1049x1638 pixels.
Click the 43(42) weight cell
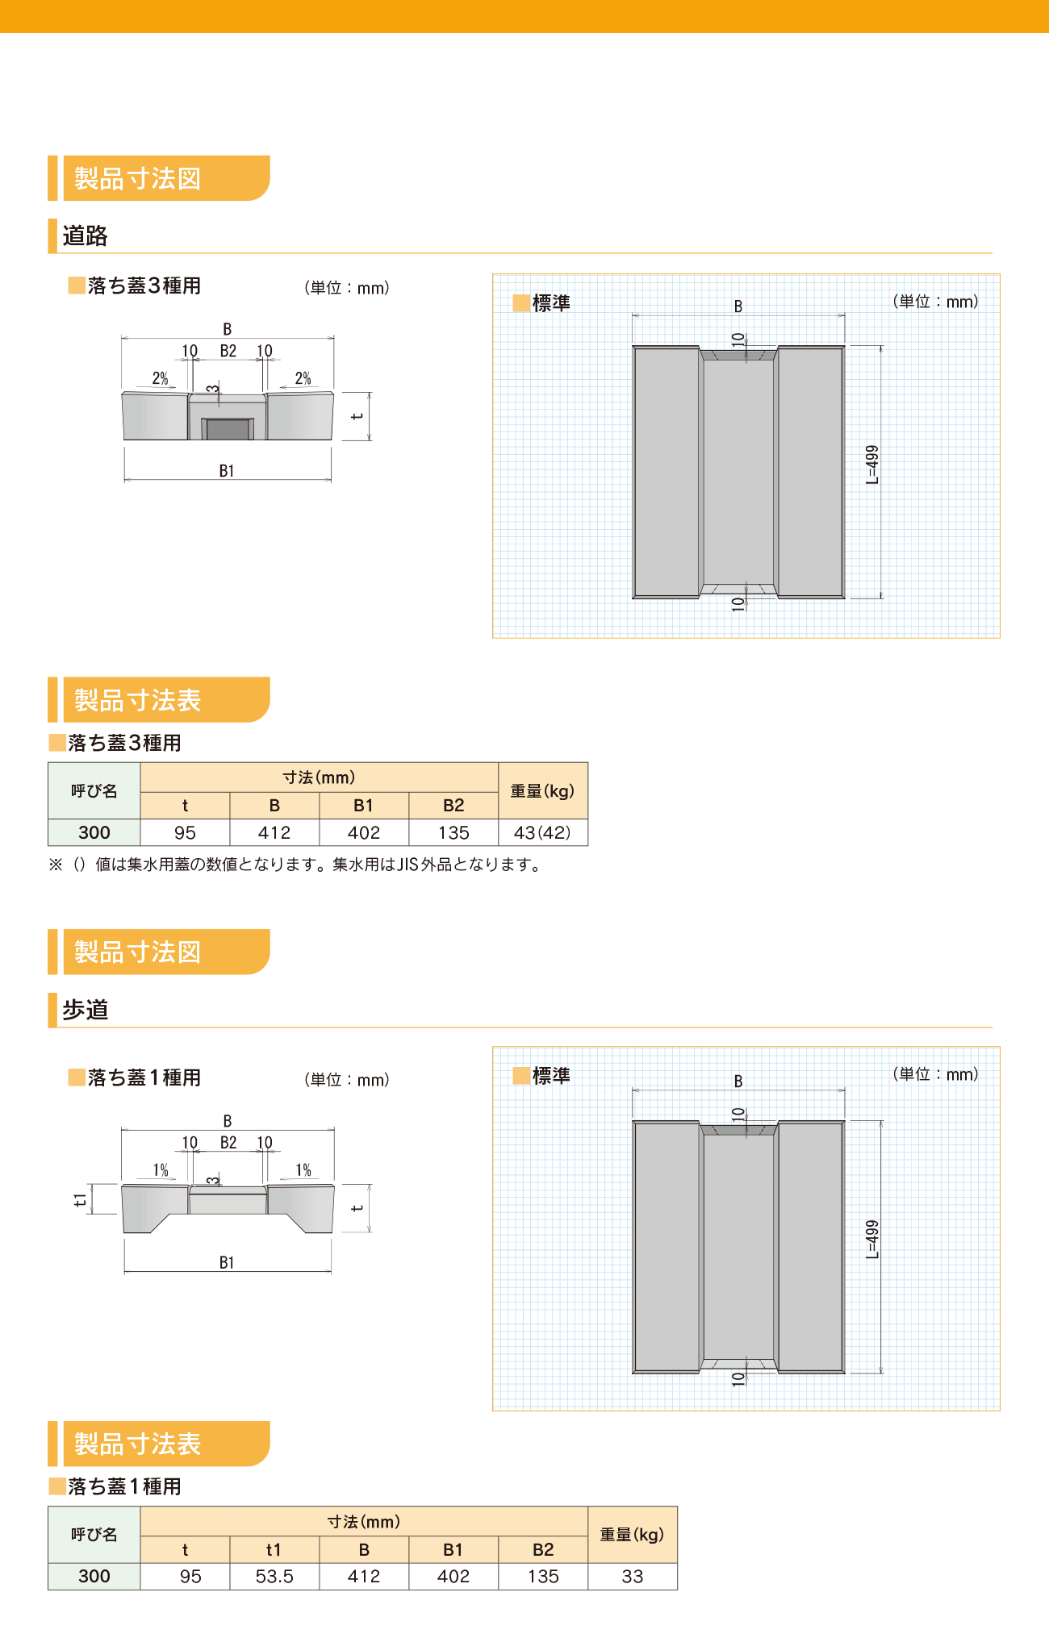[542, 832]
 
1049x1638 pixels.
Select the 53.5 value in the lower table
[274, 1576]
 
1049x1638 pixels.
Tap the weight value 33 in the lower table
[633, 1576]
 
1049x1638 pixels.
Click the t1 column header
[274, 1549]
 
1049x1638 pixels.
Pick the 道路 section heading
[85, 235]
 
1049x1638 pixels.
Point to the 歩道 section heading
[85, 1010]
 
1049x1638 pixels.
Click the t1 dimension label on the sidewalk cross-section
[80, 1200]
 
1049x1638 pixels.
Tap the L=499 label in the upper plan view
[872, 465]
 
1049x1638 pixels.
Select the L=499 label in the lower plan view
[872, 1239]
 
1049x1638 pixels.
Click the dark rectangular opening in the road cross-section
[228, 429]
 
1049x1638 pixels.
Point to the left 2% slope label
[161, 378]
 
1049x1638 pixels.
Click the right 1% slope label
[303, 1170]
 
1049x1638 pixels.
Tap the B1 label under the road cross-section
[227, 471]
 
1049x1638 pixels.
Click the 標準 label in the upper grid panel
[551, 303]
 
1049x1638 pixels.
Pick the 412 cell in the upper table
[274, 832]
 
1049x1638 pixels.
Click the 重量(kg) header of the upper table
[542, 791]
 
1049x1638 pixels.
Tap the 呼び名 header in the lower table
[94, 1535]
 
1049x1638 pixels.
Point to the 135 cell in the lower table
[543, 1576]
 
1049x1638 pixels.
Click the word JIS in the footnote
[408, 865]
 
